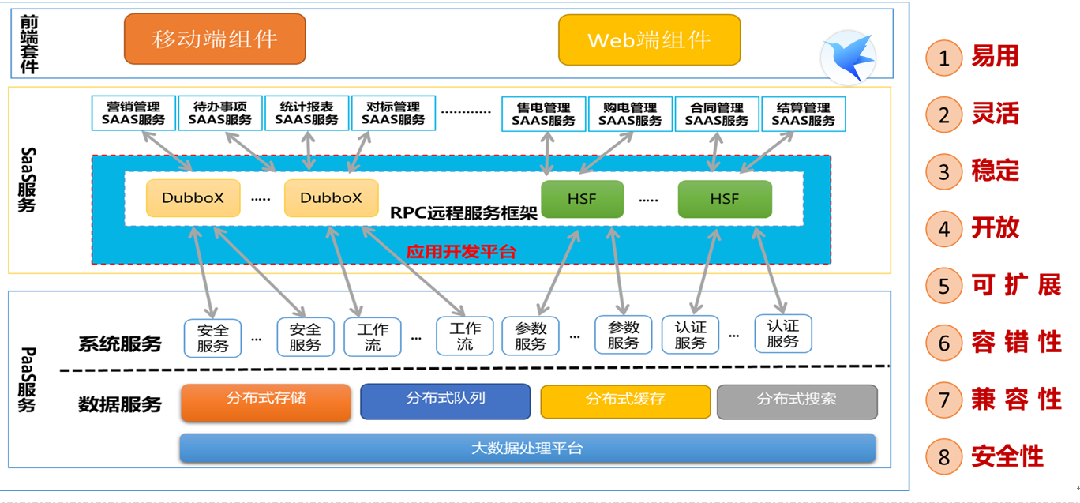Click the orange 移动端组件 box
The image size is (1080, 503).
(x=215, y=39)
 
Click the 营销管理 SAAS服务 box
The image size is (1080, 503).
(x=133, y=114)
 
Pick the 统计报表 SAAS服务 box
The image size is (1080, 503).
(x=306, y=114)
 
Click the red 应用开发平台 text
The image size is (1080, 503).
(x=461, y=252)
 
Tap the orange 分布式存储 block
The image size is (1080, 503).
(x=265, y=401)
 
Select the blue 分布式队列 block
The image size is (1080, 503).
(x=445, y=401)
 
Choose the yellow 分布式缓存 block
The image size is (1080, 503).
(x=625, y=401)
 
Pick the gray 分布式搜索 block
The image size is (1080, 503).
(x=797, y=401)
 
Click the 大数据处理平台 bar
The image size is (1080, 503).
(x=527, y=449)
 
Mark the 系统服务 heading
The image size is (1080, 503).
(x=120, y=344)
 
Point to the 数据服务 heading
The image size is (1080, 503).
(x=120, y=404)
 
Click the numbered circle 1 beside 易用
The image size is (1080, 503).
(x=944, y=58)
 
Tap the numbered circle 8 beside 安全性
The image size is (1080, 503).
(x=944, y=457)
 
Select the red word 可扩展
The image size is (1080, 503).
(x=1016, y=285)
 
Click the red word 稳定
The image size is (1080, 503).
(x=996, y=171)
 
